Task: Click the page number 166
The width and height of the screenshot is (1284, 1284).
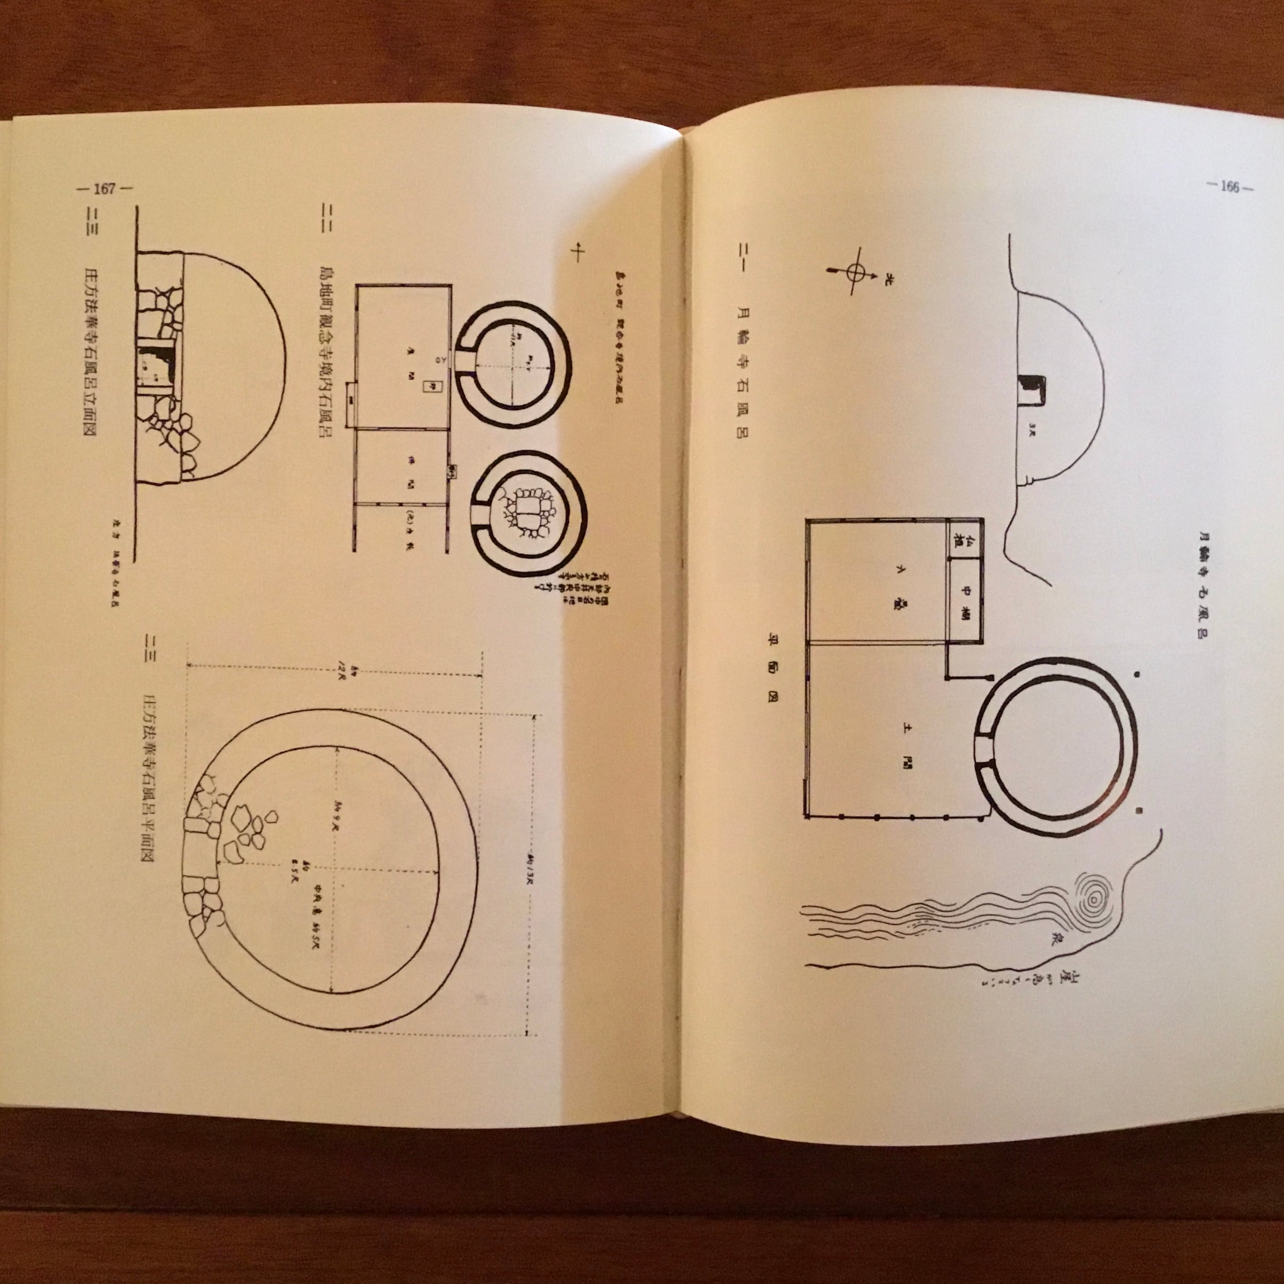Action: point(1230,187)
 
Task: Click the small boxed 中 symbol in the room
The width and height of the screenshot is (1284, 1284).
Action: point(429,386)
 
